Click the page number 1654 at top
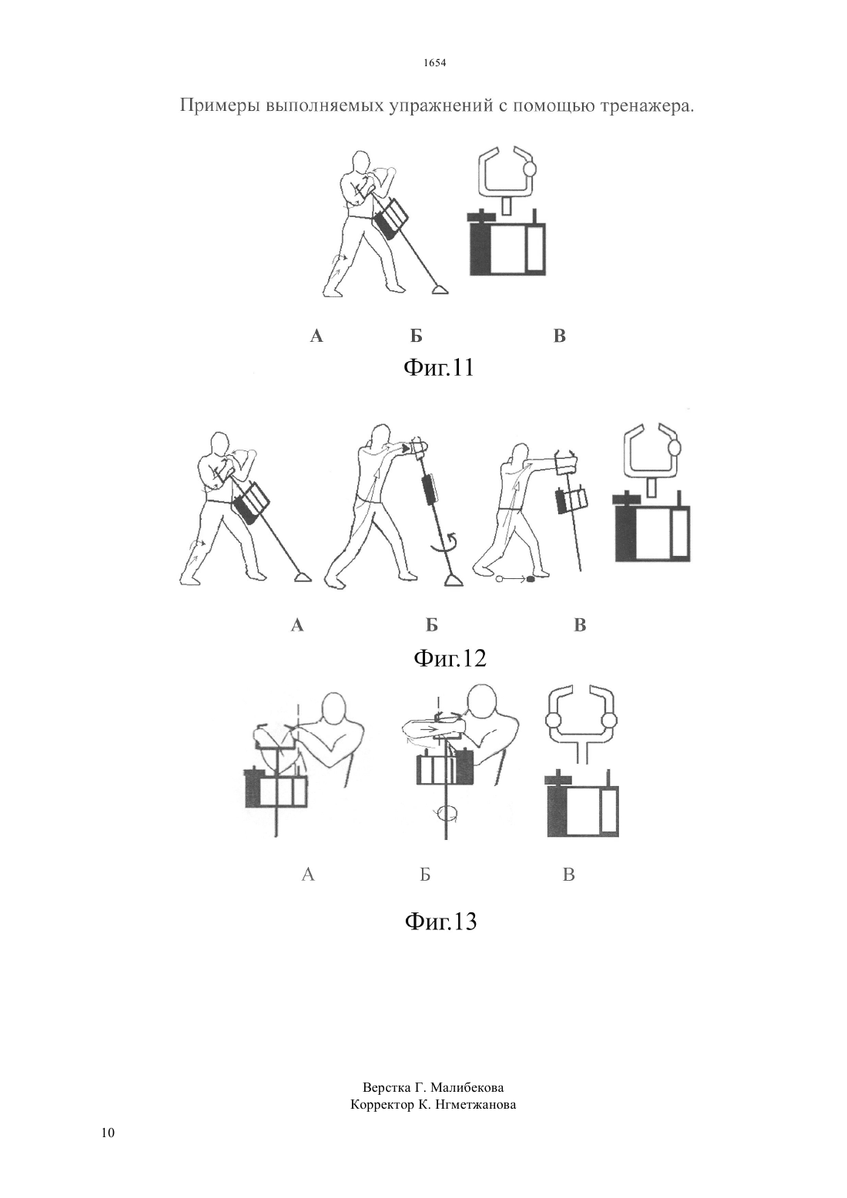434,62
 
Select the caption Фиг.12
450,658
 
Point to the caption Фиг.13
440,921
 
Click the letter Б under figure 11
416,336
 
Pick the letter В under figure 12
580,624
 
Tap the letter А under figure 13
308,875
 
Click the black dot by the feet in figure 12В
531,578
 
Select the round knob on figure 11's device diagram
530,168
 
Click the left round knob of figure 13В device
552,721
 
